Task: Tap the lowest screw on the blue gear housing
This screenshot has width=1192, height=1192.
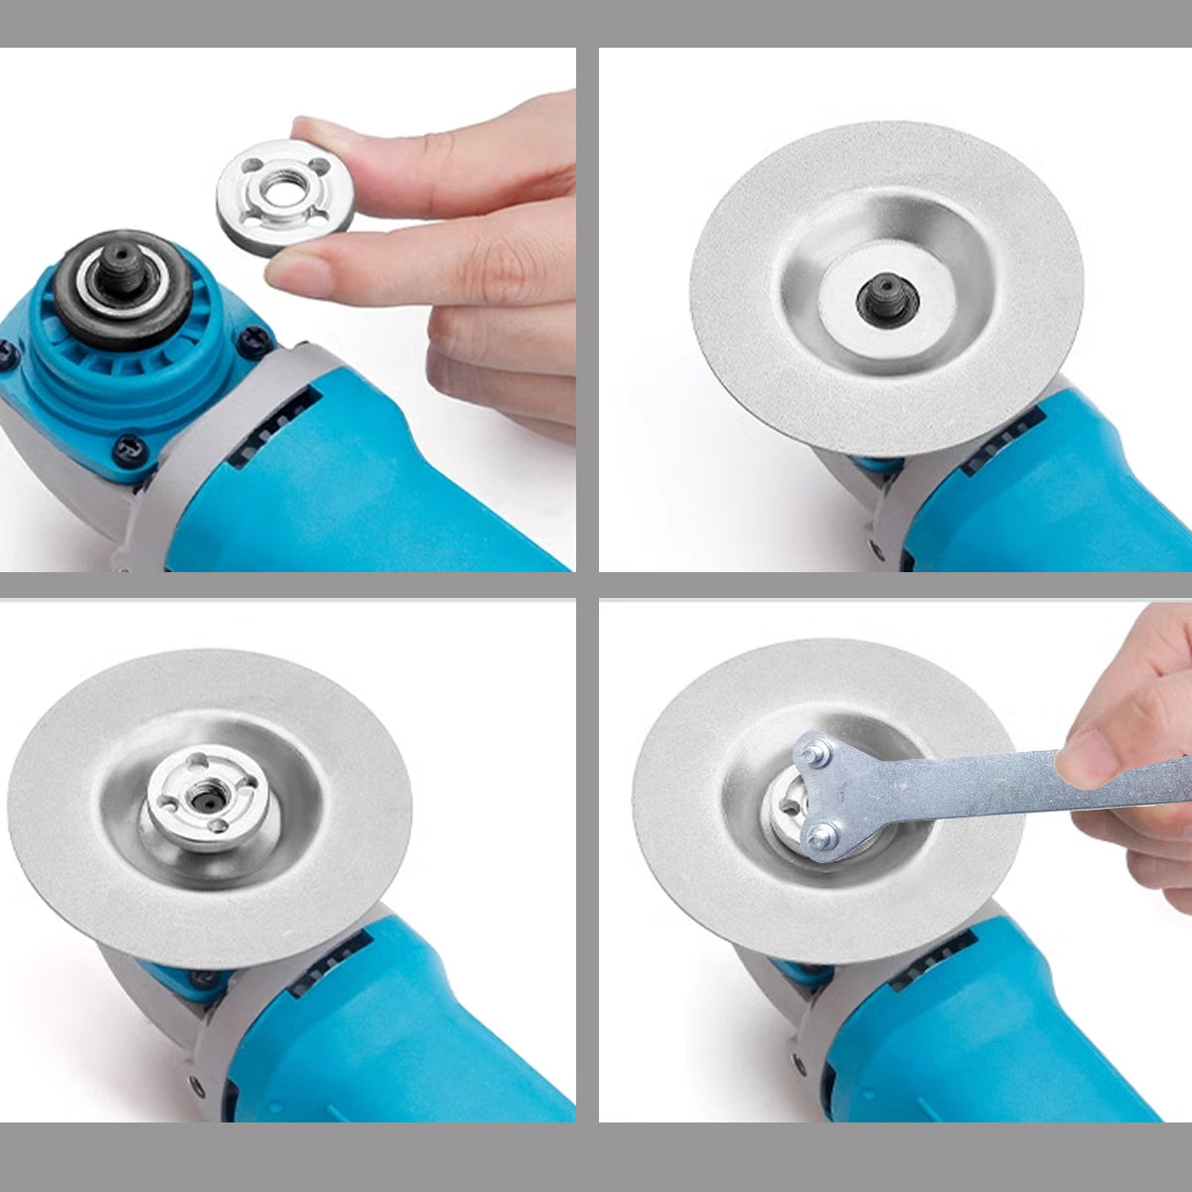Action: coord(128,450)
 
